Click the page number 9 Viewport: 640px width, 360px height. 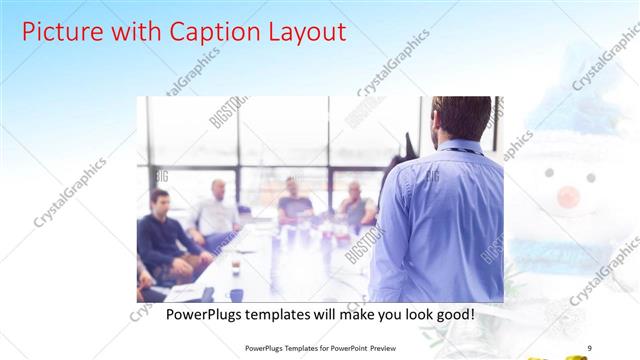tap(590, 348)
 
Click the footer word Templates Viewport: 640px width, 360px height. tap(299, 348)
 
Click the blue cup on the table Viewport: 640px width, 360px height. tap(237, 295)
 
